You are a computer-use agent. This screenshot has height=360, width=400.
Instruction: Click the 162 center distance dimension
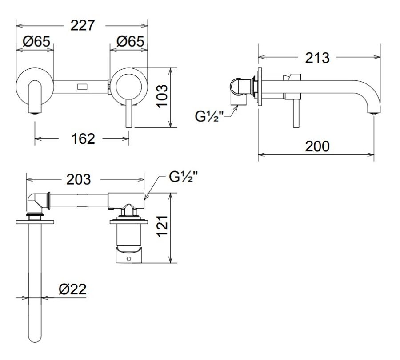click(x=83, y=138)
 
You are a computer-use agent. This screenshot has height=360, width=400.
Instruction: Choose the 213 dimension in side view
click(x=317, y=58)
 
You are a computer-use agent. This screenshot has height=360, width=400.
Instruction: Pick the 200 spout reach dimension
click(x=317, y=146)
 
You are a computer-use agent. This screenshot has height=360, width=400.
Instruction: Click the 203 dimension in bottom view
click(x=78, y=179)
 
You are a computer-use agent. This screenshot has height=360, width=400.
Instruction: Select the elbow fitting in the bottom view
click(x=36, y=202)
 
